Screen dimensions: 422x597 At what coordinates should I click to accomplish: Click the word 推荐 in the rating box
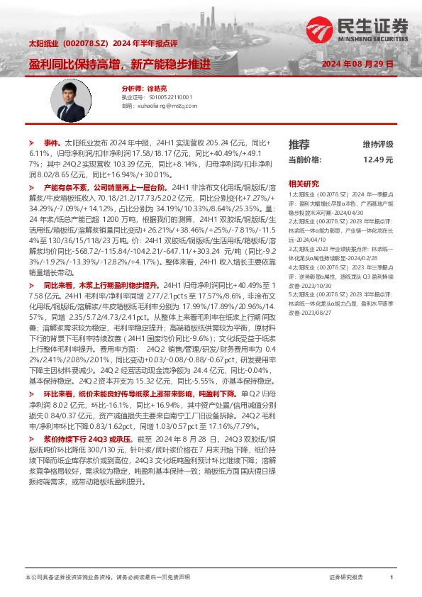[x=299, y=144]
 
